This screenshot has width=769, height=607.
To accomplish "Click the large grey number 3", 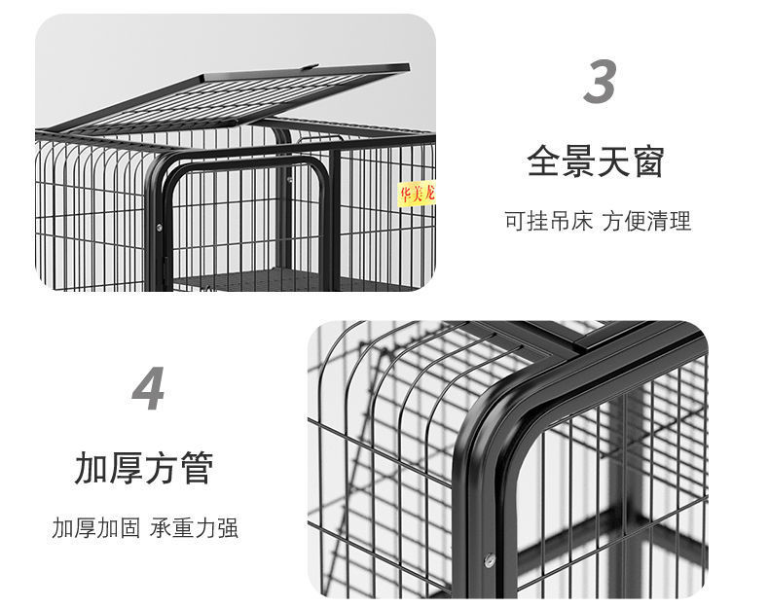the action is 600,82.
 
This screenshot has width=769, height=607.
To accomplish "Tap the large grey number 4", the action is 148,391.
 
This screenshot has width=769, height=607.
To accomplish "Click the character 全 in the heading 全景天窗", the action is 544,161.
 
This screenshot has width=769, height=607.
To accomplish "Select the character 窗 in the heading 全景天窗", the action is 646,161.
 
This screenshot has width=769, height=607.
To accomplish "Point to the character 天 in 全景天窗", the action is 612,161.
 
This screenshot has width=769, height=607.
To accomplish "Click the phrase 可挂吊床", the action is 548,221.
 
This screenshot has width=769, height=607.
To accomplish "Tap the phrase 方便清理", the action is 646,221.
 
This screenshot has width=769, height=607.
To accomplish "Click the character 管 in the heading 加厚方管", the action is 195,468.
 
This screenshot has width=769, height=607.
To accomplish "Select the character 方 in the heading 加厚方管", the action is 161,468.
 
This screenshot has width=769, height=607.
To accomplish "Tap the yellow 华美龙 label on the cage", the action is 417,194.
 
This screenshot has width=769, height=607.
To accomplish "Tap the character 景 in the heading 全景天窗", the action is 578,161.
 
